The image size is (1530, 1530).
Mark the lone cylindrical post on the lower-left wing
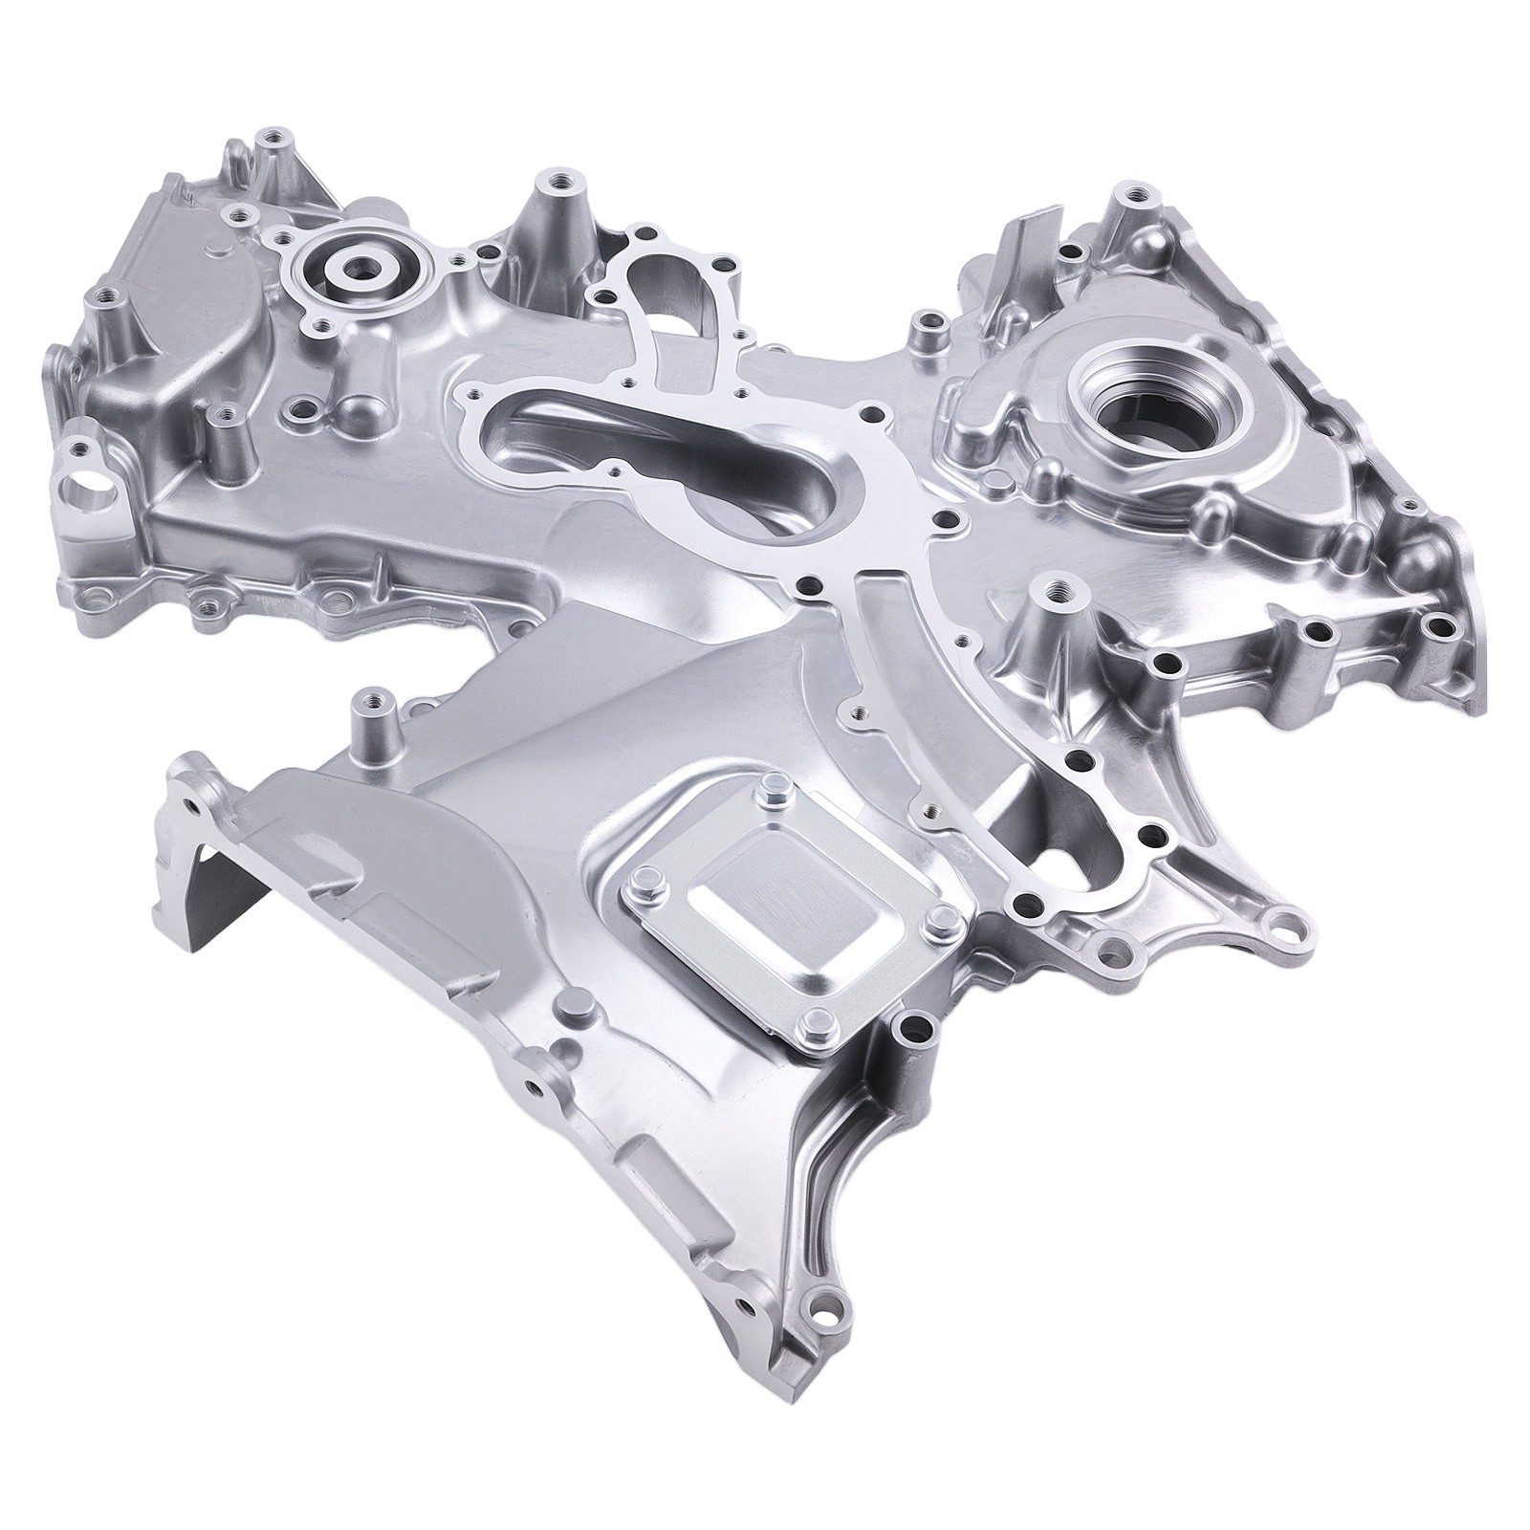(x=364, y=715)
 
